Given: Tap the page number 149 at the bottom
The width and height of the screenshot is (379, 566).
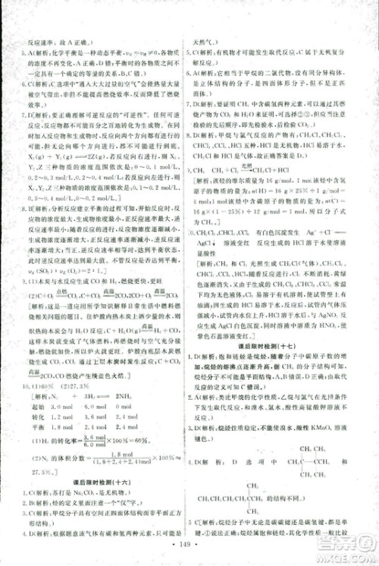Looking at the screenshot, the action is pyautogui.click(x=189, y=546).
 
